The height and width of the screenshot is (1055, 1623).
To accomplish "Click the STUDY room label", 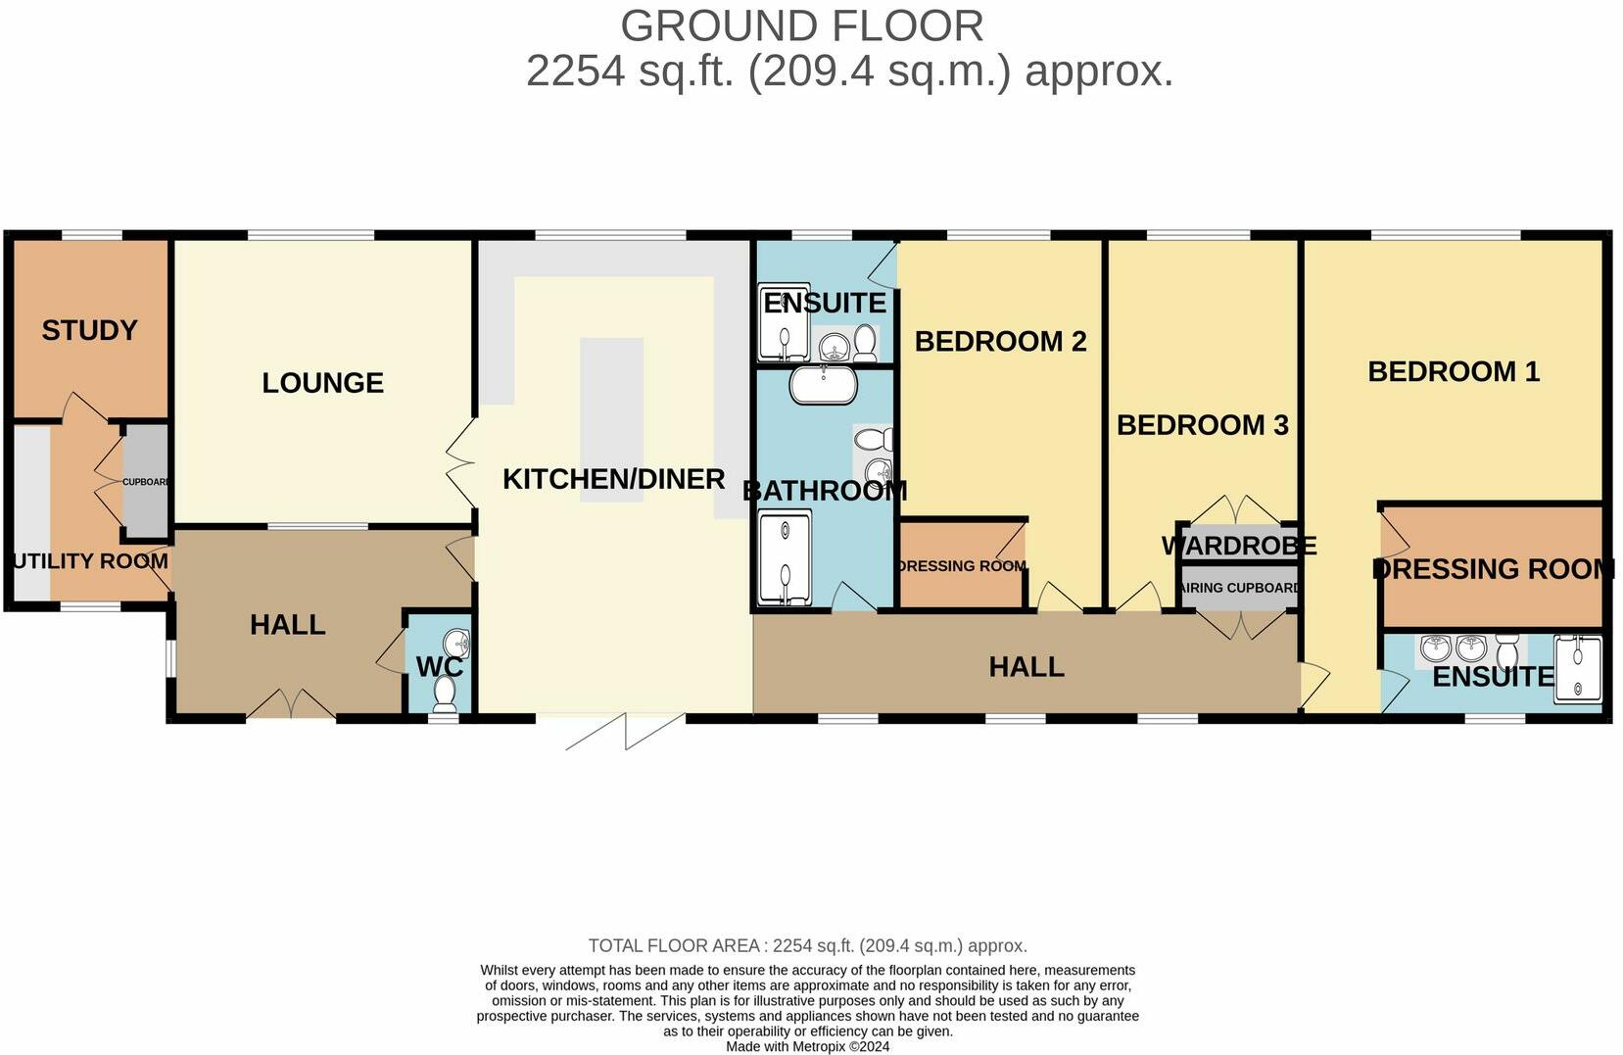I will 89,330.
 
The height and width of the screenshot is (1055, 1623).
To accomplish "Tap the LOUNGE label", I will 322,383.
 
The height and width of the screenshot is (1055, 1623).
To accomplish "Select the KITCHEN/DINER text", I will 613,479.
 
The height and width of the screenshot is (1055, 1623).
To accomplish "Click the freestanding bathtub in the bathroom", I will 824,385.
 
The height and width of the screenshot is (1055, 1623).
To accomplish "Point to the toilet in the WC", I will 445,694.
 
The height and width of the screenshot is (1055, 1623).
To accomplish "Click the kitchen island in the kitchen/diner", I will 611,419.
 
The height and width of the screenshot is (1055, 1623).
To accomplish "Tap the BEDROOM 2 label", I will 1000,341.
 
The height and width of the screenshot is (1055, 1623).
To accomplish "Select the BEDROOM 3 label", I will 1202,425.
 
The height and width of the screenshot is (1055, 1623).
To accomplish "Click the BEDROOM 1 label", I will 1454,371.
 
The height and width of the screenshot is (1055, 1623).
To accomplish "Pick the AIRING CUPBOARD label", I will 1240,589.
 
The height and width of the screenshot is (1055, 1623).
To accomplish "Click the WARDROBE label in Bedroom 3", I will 1239,546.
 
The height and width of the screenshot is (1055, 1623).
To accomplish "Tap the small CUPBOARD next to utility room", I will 146,481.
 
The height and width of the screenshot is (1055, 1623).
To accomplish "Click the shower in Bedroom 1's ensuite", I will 1578,669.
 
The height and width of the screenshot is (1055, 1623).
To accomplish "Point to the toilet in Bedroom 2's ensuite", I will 865,343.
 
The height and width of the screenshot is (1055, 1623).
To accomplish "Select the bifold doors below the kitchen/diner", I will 624,731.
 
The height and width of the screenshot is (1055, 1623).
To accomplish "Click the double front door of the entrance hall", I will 290,704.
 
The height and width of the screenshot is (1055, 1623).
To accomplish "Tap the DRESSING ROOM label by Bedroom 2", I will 961,566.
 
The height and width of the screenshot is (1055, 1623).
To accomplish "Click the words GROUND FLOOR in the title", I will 801,25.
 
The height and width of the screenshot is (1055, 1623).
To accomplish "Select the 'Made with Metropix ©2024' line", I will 807,1046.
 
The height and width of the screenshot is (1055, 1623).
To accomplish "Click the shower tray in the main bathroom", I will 786,556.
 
